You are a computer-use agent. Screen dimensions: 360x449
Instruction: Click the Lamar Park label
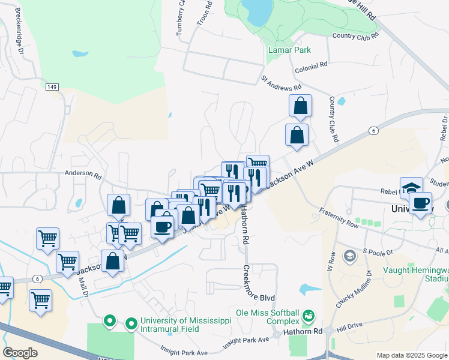pyautogui.click(x=289, y=50)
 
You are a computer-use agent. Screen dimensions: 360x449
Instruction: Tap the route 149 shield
pyautogui.click(x=52, y=87)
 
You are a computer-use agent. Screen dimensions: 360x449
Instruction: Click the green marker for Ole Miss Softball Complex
pyautogui.click(x=309, y=314)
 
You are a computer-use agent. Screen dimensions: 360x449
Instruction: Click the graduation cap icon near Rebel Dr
pyautogui.click(x=411, y=187)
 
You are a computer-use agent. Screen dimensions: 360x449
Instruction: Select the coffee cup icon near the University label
pyautogui.click(x=421, y=202)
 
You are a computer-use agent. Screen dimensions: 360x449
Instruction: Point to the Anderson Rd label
pyautogui.click(x=85, y=173)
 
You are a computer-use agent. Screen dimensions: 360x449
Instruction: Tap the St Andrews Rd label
pyautogui.click(x=280, y=84)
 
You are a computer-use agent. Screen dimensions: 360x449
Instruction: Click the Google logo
pyautogui.click(x=20, y=352)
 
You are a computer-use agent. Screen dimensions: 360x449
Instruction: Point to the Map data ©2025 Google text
pyautogui.click(x=411, y=355)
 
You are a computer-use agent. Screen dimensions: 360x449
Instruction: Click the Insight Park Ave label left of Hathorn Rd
pyautogui.click(x=246, y=341)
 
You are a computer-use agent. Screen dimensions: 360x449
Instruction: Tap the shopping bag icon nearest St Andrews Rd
pyautogui.click(x=300, y=106)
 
